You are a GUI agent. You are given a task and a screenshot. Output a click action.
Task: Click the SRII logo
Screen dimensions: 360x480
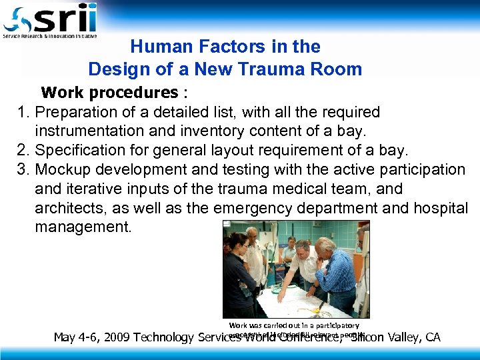[50, 21]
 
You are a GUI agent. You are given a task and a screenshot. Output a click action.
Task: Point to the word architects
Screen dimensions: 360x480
[71, 208]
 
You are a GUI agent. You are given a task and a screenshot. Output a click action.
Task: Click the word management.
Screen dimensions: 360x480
[83, 227]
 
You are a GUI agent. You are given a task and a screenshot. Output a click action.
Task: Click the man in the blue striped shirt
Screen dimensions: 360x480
[337, 273]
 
